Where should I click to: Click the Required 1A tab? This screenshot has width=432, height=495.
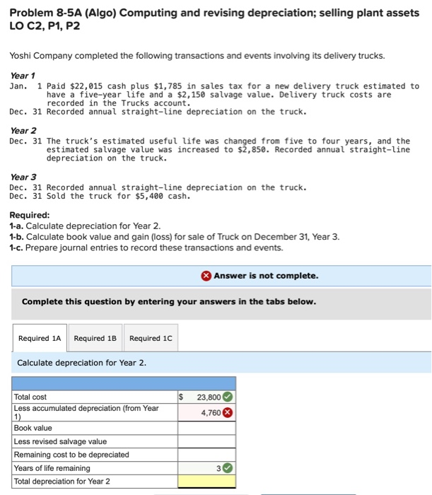(39, 338)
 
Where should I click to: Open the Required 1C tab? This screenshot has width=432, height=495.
(151, 338)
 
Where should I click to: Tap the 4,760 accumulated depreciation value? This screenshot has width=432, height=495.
(210, 412)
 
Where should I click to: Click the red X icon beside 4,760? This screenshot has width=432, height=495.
(228, 412)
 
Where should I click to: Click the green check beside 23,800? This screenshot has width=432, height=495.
(228, 397)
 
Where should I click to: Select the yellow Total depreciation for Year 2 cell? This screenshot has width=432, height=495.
(206, 482)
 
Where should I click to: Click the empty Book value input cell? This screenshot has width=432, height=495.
(206, 428)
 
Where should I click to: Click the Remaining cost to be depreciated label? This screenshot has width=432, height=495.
(71, 455)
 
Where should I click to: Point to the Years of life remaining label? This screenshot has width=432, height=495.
(52, 468)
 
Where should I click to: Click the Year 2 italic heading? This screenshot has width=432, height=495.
(23, 131)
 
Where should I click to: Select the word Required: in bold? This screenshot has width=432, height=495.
(29, 215)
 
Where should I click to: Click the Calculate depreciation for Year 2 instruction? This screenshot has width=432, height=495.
(81, 363)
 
